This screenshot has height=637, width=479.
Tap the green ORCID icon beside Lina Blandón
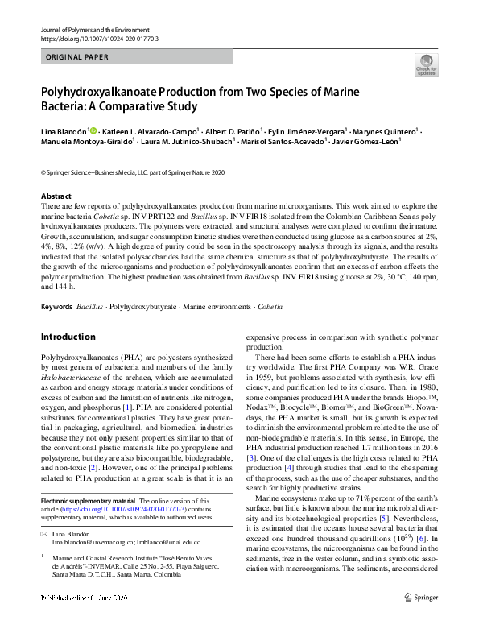tap(93, 130)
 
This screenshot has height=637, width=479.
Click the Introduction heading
tap(68, 337)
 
